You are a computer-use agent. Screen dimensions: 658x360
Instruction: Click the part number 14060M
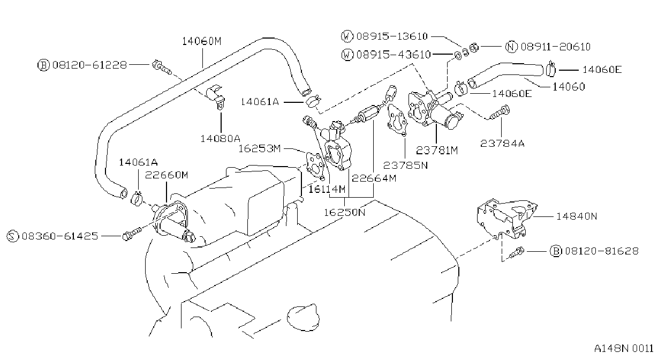(201, 41)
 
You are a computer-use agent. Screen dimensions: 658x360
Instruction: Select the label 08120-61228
(89, 65)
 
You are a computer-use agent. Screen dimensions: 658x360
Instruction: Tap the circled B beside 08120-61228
(43, 65)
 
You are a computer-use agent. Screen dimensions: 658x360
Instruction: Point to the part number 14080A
(220, 138)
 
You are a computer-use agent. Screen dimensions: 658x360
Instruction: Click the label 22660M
(167, 175)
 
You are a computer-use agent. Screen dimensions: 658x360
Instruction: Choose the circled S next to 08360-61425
(12, 236)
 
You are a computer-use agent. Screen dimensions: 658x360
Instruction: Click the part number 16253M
(259, 149)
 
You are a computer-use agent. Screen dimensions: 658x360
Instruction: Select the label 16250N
(345, 212)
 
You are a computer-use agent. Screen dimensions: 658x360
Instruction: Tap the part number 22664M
(374, 178)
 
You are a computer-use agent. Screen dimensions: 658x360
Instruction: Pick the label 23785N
(405, 166)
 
